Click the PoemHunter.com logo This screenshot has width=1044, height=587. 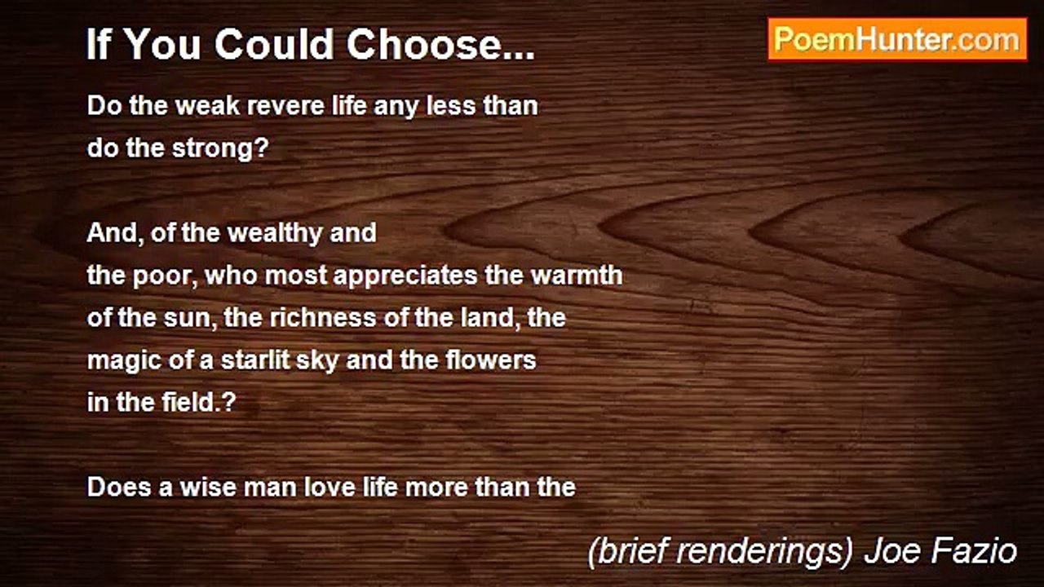pos(897,39)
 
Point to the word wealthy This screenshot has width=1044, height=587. pos(275,233)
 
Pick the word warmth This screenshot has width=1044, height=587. pos(577,276)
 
